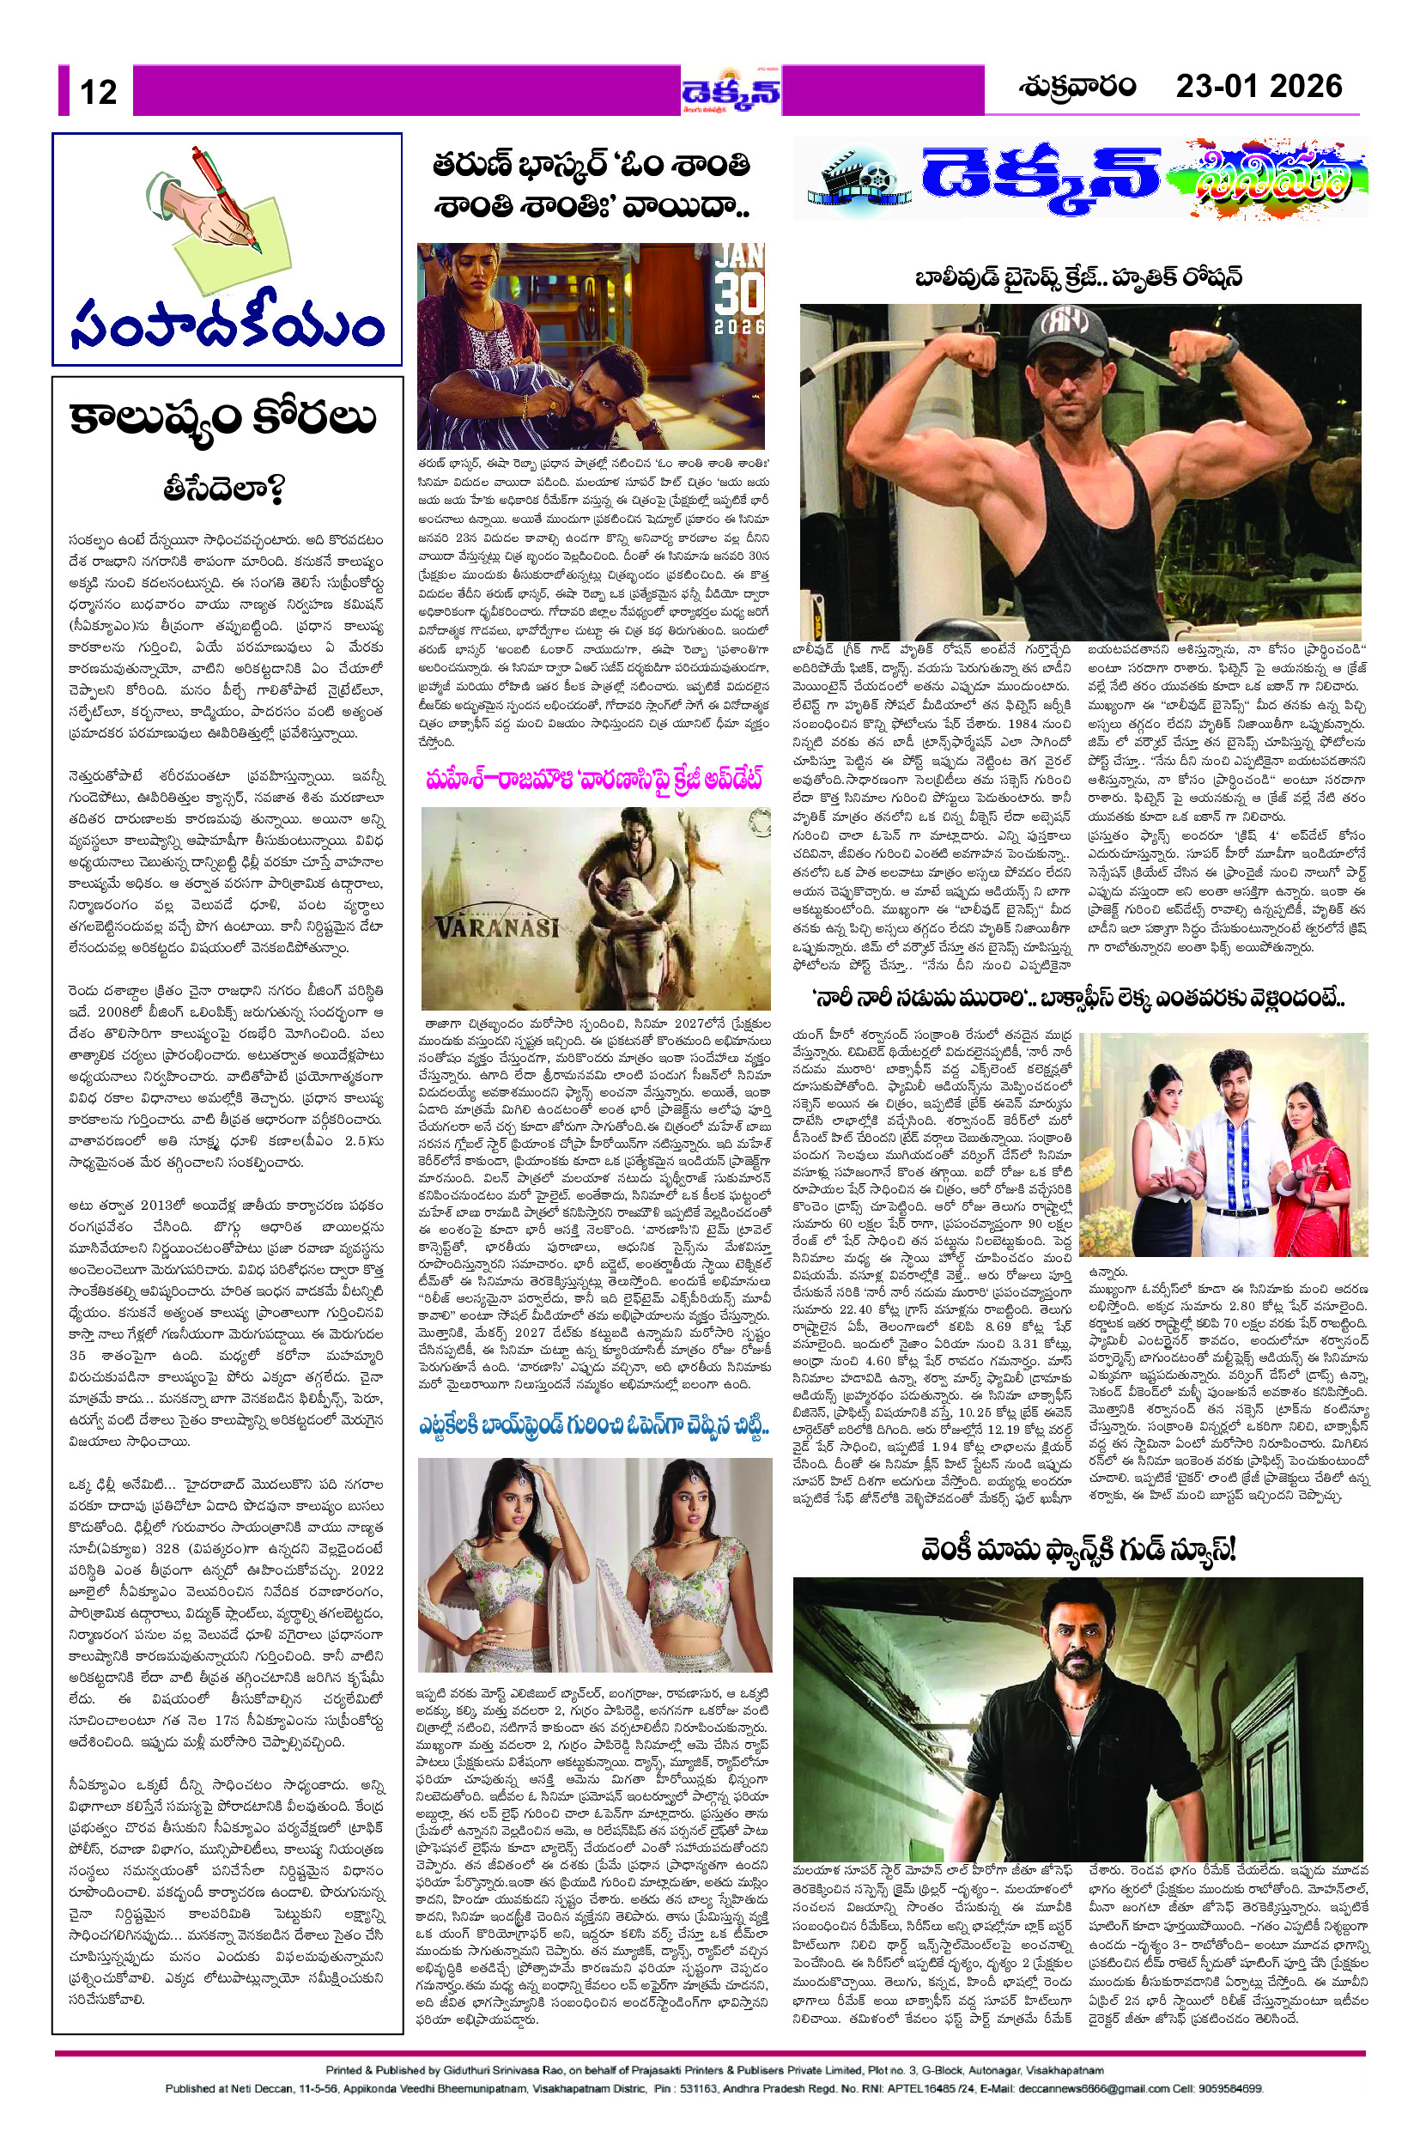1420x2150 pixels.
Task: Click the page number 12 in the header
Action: (x=98, y=93)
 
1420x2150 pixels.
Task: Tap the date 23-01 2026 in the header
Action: (x=1258, y=87)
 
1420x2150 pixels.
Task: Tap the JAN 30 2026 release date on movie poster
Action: (x=739, y=290)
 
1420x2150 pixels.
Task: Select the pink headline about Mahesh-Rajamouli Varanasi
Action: (x=594, y=779)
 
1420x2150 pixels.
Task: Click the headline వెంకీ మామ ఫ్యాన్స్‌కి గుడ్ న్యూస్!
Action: (x=1077, y=1550)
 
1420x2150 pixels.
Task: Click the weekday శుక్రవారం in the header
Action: (x=1077, y=87)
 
